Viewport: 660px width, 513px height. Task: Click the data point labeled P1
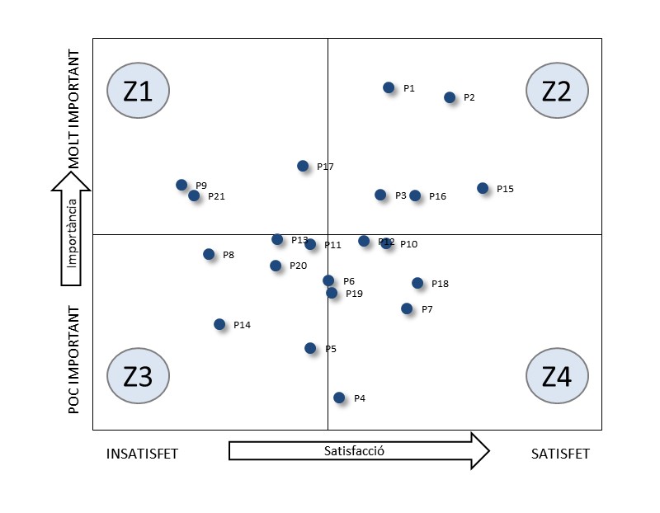pos(389,87)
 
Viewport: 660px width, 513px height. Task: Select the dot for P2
pos(450,97)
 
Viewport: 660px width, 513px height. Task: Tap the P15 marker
pos(483,188)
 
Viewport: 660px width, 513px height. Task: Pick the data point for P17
pos(303,166)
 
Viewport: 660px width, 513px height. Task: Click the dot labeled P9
pos(181,185)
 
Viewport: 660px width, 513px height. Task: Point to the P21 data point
pos(194,195)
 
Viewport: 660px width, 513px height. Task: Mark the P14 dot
pos(219,324)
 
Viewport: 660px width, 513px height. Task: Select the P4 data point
pos(339,398)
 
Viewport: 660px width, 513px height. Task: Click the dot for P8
pos(209,254)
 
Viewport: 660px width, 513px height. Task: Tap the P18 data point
pos(417,283)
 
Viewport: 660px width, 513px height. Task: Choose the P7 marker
pos(407,308)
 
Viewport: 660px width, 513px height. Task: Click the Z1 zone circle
pos(138,91)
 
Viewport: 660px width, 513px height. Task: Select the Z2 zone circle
pos(557,91)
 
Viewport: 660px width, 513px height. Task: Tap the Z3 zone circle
pos(138,376)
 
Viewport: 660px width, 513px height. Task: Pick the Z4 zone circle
pos(557,376)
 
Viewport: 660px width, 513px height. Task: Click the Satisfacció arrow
pos(359,451)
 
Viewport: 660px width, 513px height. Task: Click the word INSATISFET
pos(143,454)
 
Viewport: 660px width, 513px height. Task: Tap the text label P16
pos(437,196)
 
